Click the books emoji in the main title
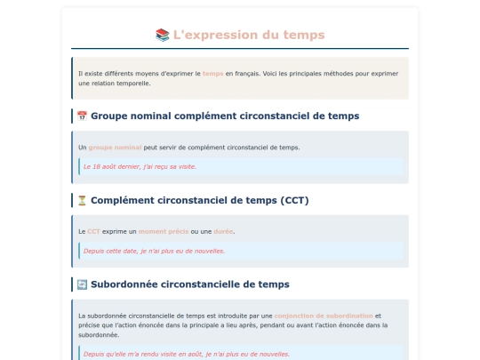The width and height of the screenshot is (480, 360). coord(162,35)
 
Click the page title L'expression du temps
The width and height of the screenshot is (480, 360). coord(249,35)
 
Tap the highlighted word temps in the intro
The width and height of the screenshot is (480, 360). coord(212,74)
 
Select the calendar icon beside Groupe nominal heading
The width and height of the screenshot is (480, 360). coord(82,116)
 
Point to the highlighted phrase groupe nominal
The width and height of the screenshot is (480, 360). coord(115,148)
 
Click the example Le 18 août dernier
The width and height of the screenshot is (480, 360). coord(140,166)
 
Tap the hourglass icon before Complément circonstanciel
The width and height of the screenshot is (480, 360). coord(82,200)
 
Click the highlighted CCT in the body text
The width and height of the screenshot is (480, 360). coord(93,231)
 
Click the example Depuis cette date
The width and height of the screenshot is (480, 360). coord(154,251)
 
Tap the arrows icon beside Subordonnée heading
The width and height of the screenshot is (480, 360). coord(82,284)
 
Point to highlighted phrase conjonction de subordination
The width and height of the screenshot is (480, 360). coord(323,316)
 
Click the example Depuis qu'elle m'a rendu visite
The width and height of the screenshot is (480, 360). coord(186,354)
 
